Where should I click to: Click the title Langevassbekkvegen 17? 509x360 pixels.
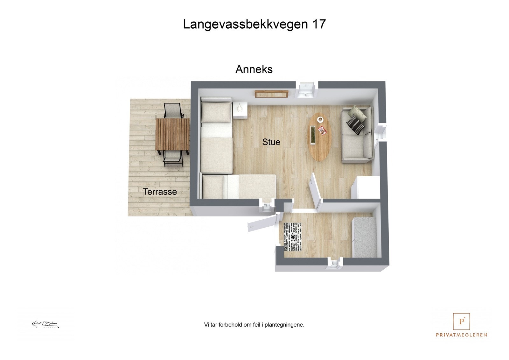point(254,24)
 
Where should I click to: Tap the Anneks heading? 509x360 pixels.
point(254,69)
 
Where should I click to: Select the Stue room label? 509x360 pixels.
point(271,142)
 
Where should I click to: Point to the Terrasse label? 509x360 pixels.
point(160,192)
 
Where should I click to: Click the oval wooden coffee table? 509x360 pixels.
point(319,137)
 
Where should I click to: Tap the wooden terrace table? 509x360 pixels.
point(172,134)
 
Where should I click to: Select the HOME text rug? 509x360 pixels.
point(292,238)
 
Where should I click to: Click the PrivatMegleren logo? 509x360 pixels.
point(461,325)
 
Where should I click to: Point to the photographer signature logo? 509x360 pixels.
point(45,324)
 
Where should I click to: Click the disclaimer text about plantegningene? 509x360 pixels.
point(254,325)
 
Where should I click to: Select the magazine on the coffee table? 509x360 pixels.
point(322,130)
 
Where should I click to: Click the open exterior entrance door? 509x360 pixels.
point(261,223)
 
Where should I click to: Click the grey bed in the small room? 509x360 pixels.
point(366,237)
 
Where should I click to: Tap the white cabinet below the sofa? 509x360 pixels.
point(365,188)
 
